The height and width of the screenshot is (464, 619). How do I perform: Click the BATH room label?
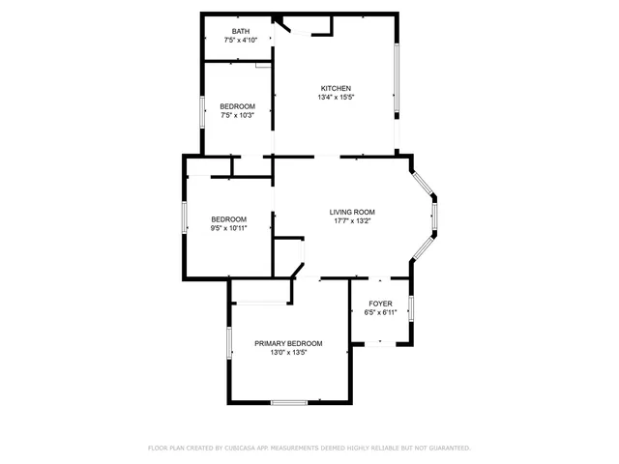point(240,32)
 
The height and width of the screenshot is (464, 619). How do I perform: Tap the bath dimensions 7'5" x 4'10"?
point(240,41)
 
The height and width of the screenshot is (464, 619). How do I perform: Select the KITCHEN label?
point(336,89)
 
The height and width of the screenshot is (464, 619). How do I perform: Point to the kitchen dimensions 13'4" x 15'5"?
point(336,98)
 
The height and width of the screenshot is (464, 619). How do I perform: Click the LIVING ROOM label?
point(352,213)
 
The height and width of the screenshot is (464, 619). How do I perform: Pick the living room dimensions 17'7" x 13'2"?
point(352,221)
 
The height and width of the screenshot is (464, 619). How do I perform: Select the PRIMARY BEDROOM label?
point(288,344)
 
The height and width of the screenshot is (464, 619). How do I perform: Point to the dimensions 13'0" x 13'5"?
point(288,353)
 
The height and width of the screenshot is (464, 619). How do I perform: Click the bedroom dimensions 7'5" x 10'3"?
point(237,115)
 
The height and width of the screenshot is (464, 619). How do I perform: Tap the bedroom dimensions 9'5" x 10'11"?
point(229,228)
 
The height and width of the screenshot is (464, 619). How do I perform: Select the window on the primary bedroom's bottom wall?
point(288,402)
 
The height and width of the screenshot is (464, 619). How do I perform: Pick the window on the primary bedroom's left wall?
point(229,343)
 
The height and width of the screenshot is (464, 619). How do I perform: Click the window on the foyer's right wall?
point(412,309)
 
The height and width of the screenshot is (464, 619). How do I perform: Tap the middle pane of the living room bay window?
point(435,218)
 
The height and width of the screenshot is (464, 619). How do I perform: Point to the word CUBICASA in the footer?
point(238,449)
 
